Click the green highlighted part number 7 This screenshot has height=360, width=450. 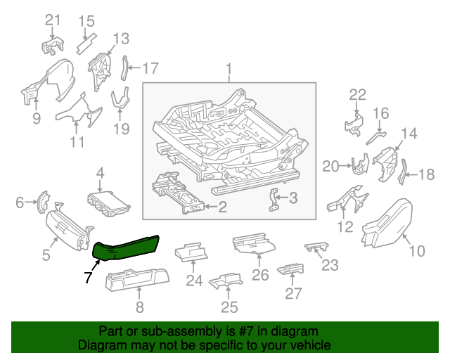click(x=127, y=247)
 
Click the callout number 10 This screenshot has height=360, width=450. click(x=416, y=250)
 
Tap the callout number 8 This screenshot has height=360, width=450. click(x=139, y=306)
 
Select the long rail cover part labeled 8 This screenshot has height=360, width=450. click(x=137, y=282)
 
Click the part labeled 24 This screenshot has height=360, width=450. click(x=192, y=252)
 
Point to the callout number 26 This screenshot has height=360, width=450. click(x=260, y=275)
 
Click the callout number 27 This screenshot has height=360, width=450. click(x=290, y=293)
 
